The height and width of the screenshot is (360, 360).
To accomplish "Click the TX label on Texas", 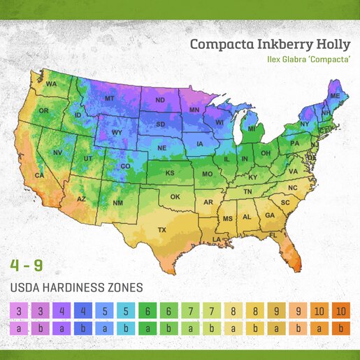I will point(161,229).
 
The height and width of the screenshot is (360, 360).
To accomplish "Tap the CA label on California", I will point(40,176).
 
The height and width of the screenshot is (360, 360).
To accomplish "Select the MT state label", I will point(109,99).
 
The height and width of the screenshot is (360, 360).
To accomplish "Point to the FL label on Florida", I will point(273,236).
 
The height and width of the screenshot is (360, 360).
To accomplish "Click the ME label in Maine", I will point(335,96).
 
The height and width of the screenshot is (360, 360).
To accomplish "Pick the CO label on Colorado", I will point(125,166).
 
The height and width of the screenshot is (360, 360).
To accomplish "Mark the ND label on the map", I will point(159,100).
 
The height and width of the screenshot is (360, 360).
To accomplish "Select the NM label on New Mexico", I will point(117,203).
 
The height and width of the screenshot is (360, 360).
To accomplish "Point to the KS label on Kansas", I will point(169,173).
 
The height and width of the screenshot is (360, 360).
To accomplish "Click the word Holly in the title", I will point(329,44).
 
